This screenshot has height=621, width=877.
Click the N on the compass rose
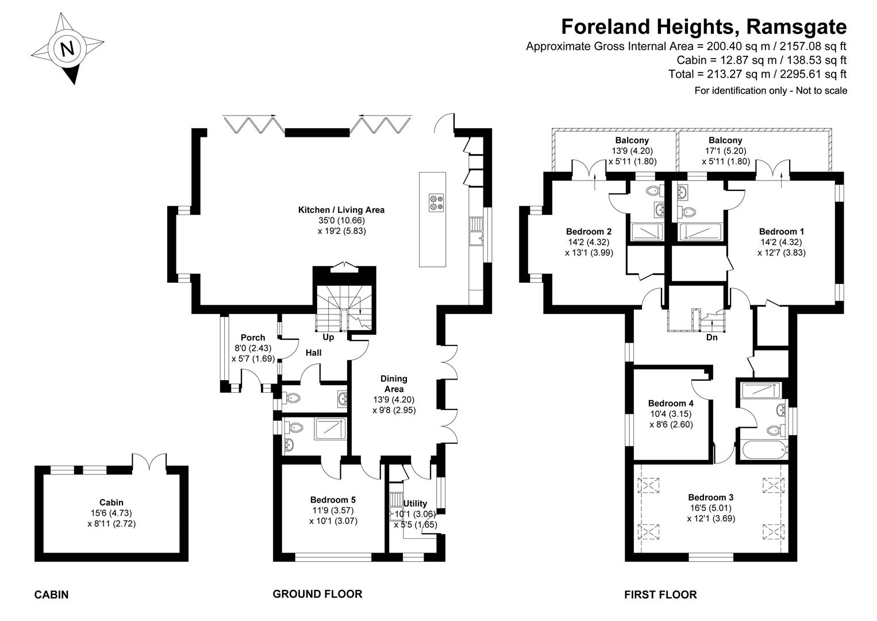67,48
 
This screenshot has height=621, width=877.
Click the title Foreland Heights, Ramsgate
703,27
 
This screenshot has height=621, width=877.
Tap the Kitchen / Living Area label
341,210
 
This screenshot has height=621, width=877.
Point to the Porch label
253,338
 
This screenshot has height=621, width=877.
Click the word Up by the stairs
328,338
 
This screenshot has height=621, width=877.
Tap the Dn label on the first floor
711,338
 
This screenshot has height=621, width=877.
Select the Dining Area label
394,384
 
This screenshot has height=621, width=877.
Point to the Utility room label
415,504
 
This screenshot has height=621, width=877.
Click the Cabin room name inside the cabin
111,503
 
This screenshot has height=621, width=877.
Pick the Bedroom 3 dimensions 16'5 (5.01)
711,508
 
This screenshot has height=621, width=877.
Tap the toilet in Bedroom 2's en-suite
654,191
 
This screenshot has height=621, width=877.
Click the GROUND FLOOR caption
317,594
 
